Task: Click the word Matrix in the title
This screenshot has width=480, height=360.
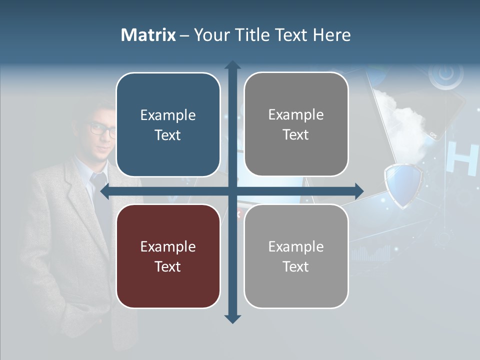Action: click(x=148, y=35)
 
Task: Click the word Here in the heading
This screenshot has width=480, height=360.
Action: click(x=331, y=35)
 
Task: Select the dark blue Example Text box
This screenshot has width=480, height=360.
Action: click(x=168, y=125)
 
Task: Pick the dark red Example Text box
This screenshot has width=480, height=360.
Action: click(x=168, y=256)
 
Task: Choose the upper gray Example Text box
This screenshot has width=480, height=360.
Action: click(x=296, y=124)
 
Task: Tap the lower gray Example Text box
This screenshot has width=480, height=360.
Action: click(x=296, y=256)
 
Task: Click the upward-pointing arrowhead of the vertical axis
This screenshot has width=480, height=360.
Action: click(x=232, y=65)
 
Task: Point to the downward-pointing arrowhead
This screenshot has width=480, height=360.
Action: click(x=232, y=318)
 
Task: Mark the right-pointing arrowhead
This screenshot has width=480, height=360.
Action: click(x=358, y=190)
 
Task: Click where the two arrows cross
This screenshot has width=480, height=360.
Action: click(x=232, y=190)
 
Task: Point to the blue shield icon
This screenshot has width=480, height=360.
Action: click(x=402, y=185)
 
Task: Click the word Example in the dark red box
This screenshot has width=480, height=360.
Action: click(x=168, y=246)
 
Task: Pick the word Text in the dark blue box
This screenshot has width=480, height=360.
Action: click(x=168, y=135)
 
